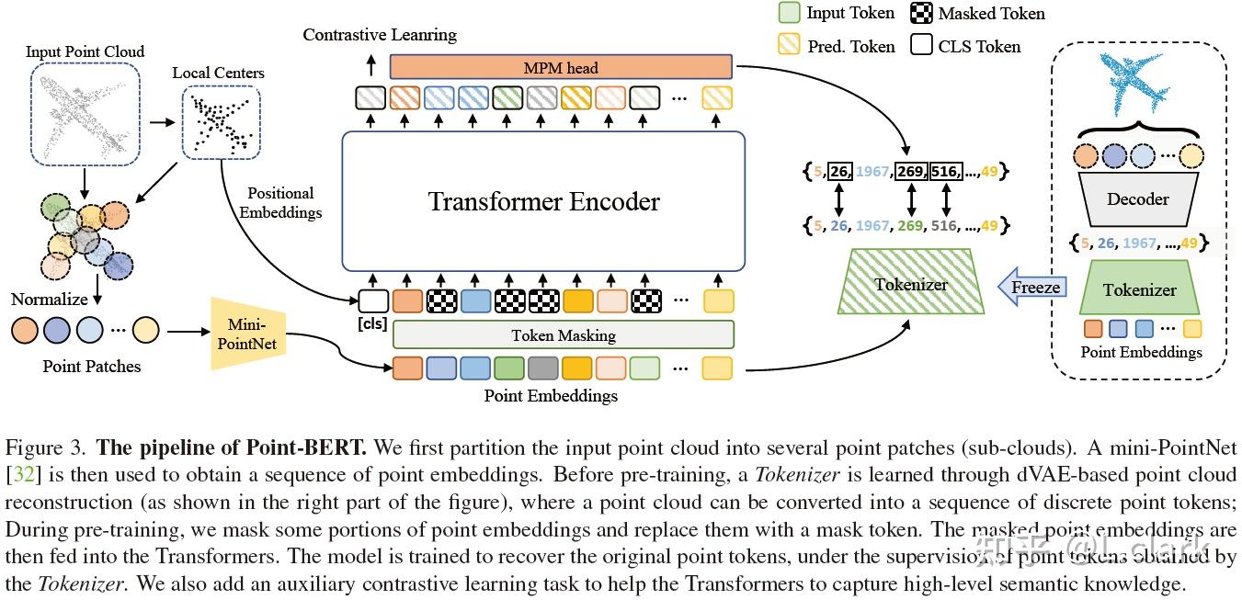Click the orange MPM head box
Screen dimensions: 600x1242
click(561, 67)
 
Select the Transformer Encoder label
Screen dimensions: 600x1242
click(543, 201)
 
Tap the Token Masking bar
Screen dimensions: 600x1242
click(563, 335)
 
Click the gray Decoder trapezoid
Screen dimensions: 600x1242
click(1138, 199)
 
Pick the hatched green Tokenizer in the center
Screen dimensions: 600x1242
click(909, 283)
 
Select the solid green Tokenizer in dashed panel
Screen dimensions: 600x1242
click(1139, 289)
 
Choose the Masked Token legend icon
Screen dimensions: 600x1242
click(921, 13)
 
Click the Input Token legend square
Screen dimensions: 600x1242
click(789, 13)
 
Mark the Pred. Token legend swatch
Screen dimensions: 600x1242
click(789, 45)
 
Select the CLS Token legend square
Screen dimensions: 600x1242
click(921, 45)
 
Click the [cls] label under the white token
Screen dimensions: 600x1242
click(371, 323)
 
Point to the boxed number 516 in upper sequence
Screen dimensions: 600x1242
click(944, 171)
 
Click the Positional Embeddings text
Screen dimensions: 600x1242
click(280, 202)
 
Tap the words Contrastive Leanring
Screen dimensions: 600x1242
click(380, 35)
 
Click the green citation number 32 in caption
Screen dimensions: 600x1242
click(19, 475)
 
